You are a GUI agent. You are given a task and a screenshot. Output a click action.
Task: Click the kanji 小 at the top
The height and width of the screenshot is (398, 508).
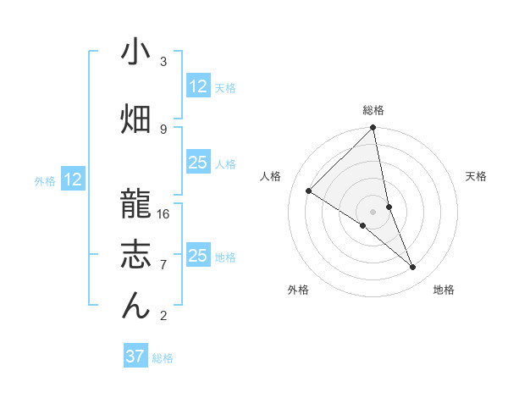pyautogui.click(x=135, y=53)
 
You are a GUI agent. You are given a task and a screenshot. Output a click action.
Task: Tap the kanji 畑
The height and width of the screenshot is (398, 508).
pyautogui.click(x=135, y=118)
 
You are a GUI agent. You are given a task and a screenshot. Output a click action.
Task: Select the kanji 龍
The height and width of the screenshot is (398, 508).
pyautogui.click(x=135, y=203)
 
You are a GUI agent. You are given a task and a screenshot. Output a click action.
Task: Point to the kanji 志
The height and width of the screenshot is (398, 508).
pyautogui.click(x=135, y=254)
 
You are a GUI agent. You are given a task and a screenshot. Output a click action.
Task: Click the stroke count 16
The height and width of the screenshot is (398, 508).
pyautogui.click(x=163, y=213)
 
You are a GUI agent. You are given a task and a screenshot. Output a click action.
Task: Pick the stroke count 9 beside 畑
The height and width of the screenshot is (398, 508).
pyautogui.click(x=163, y=129)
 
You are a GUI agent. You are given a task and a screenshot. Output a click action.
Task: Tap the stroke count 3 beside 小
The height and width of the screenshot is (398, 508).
pyautogui.click(x=163, y=62)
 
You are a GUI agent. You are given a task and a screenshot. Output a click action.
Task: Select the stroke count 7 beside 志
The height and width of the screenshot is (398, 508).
pyautogui.click(x=163, y=265)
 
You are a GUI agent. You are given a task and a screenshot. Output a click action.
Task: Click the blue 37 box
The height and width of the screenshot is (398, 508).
pyautogui.click(x=135, y=357)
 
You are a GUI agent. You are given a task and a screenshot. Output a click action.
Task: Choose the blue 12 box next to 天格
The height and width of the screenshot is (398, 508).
pyautogui.click(x=198, y=86)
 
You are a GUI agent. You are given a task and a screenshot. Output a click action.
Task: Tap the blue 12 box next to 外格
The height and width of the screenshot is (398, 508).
pyautogui.click(x=73, y=180)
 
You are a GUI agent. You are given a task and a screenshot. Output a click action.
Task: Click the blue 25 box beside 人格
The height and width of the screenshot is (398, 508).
pyautogui.click(x=198, y=163)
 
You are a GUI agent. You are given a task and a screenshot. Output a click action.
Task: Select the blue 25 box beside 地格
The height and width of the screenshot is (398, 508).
pyautogui.click(x=198, y=256)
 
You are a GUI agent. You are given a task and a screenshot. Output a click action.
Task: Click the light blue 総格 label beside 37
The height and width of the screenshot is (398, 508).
pyautogui.click(x=163, y=358)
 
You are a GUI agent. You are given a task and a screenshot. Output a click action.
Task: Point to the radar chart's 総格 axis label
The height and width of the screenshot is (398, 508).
pyautogui.click(x=373, y=110)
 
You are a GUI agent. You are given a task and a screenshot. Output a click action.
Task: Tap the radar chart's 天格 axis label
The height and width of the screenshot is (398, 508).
pyautogui.click(x=477, y=176)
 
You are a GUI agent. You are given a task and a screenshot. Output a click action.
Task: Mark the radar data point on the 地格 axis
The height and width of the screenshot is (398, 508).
pyautogui.click(x=413, y=268)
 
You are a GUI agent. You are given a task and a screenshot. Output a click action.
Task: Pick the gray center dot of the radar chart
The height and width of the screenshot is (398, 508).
pyautogui.click(x=373, y=212)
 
